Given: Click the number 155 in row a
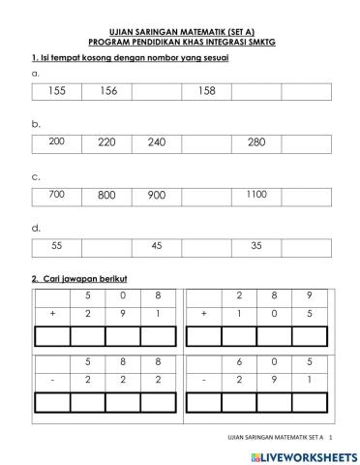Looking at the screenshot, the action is coord(56,91).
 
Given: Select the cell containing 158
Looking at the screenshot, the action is coord(206,91).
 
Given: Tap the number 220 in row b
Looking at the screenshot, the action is coord(106,141).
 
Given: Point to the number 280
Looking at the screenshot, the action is coord(255,142).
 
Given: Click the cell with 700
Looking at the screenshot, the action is coord(56,194).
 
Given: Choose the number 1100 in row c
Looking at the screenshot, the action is coord(255,194).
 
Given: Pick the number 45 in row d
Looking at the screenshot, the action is coord(157,245).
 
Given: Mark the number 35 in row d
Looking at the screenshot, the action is coord(255,245).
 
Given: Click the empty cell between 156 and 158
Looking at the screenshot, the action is coord(156,91).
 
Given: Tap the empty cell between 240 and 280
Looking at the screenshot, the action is coord(206,142).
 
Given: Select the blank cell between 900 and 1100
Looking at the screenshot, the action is coord(206,194).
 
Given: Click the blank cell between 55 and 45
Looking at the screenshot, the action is coord(106,245).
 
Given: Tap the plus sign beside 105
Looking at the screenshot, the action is coord(204,315).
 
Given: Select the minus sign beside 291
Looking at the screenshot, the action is coord(204,381).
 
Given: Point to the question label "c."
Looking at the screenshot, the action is coord(36,176).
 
